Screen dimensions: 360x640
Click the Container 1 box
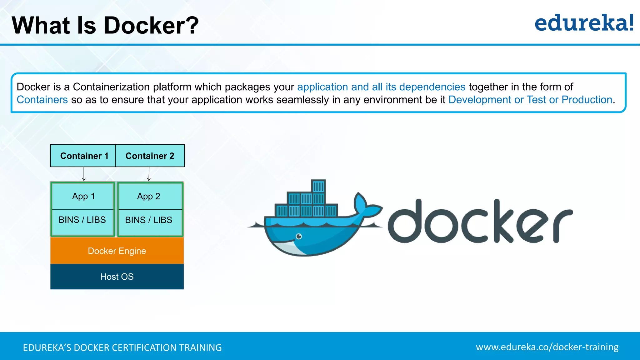click(x=83, y=156)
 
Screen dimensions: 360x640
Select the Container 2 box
click(x=150, y=156)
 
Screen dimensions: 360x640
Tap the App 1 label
click(x=83, y=196)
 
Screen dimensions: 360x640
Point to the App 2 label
click(x=149, y=196)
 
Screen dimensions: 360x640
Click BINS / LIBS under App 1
click(x=82, y=220)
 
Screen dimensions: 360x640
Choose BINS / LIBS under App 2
click(x=149, y=220)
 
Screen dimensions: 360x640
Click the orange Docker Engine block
click(x=117, y=251)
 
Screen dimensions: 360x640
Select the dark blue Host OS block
click(x=117, y=277)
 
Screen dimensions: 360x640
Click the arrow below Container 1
click(x=84, y=174)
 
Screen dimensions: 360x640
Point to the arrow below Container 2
click(x=149, y=174)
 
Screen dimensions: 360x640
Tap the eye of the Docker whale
click(x=299, y=236)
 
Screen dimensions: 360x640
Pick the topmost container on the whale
click(x=318, y=187)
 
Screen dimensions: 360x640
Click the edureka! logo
click(x=584, y=23)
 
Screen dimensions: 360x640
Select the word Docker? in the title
click(x=151, y=25)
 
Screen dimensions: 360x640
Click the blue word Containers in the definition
click(x=42, y=100)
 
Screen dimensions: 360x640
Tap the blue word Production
click(x=587, y=100)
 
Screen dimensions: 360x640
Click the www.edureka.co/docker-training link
click(x=547, y=347)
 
